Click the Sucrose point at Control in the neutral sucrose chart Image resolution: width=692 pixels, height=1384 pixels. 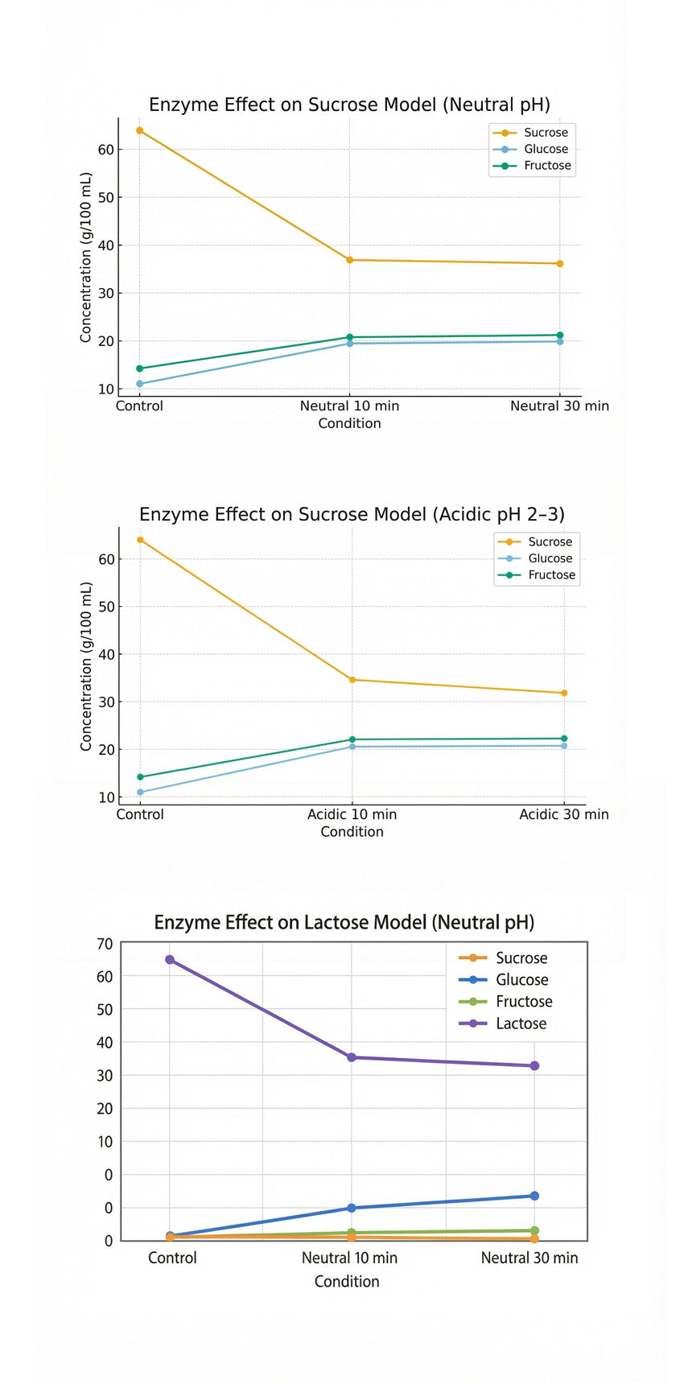click(139, 130)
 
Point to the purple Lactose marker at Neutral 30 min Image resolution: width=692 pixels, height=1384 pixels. click(534, 1065)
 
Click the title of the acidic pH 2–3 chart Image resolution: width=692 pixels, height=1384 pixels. click(352, 514)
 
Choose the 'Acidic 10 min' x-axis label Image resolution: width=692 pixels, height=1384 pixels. click(352, 814)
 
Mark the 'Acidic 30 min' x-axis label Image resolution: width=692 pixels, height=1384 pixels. click(563, 814)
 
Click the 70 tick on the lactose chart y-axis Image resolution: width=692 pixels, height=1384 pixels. click(105, 943)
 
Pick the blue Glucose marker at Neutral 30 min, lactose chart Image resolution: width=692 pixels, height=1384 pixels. click(534, 1196)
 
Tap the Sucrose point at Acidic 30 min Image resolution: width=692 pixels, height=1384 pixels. click(564, 693)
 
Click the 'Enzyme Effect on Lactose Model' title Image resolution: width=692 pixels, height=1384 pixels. click(344, 922)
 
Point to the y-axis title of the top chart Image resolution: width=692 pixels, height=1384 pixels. click(85, 257)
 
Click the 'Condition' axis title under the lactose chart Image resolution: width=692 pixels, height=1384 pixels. click(347, 1281)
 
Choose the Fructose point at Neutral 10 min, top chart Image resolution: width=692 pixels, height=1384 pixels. click(349, 337)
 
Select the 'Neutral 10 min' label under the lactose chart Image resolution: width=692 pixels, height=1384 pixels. click(349, 1258)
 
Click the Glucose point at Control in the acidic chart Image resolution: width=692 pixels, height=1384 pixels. click(140, 792)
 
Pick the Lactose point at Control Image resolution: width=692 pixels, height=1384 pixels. click(170, 959)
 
